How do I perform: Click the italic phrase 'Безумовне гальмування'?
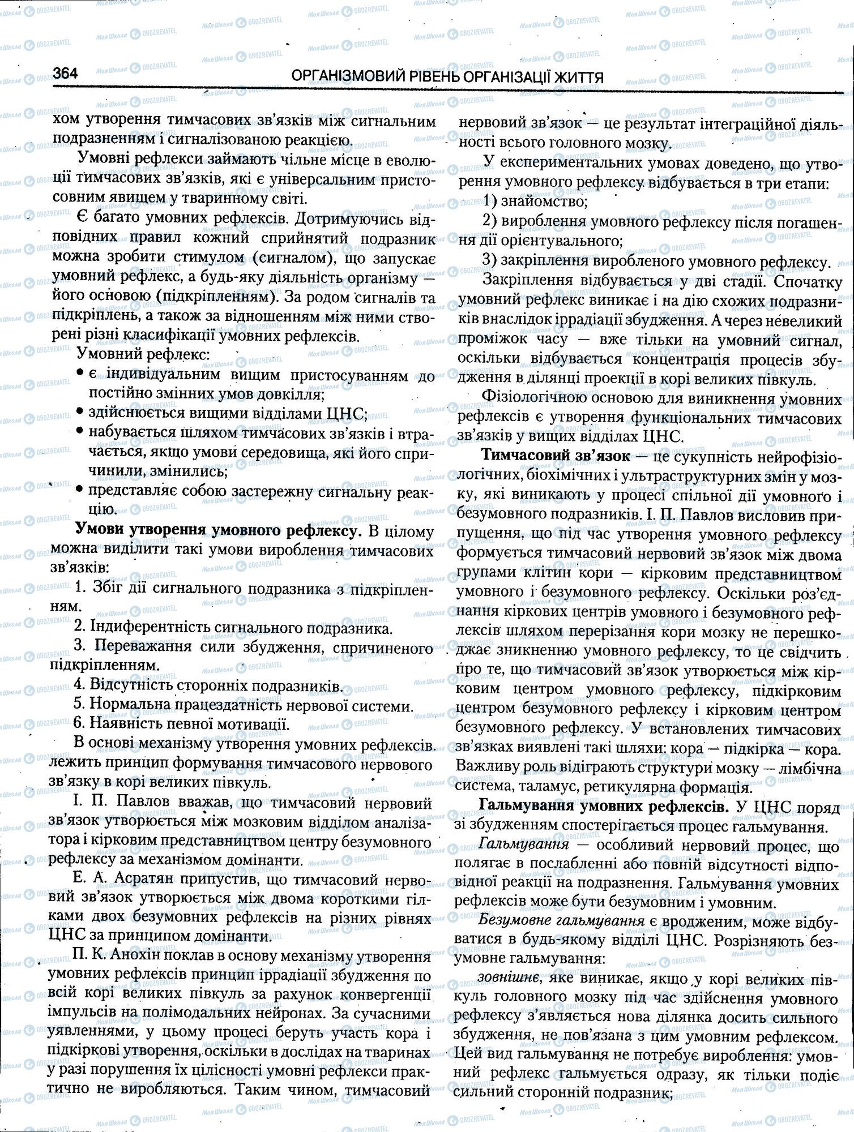coord(561,920)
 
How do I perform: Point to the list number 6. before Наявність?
coord(80,724)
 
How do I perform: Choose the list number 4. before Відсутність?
coord(80,685)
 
